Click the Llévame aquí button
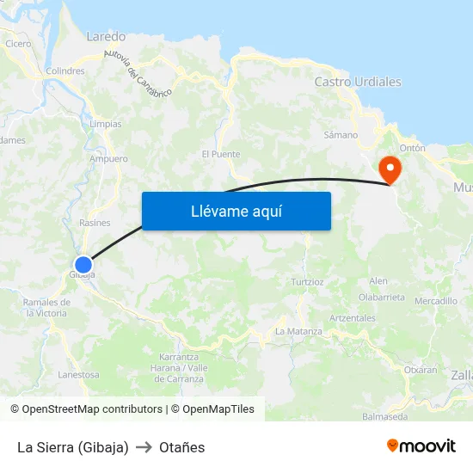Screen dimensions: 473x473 tap(236, 211)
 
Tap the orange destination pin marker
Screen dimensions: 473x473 tap(390, 168)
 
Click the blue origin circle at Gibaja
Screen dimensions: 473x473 tap(83, 265)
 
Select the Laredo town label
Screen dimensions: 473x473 tap(106, 37)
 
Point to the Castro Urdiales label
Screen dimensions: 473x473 tap(358, 82)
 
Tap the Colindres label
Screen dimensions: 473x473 tap(65, 71)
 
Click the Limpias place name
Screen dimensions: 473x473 tap(105, 124)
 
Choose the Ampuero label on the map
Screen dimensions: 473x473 tap(108, 159)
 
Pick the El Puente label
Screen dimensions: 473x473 tap(221, 155)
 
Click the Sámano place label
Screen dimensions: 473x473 tap(341, 135)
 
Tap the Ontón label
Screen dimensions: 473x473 tap(413, 148)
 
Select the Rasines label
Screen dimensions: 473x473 tap(95, 223)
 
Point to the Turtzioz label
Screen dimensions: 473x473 tap(307, 281)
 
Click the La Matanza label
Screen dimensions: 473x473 tap(298, 331)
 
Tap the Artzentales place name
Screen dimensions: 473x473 tap(353, 318)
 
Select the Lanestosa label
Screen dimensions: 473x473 tap(79, 375)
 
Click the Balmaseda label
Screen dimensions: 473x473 tap(385, 417)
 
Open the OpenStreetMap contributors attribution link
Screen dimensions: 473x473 tap(91, 409)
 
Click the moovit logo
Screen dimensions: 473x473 tap(421, 446)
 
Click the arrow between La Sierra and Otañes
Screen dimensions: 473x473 tap(144, 447)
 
